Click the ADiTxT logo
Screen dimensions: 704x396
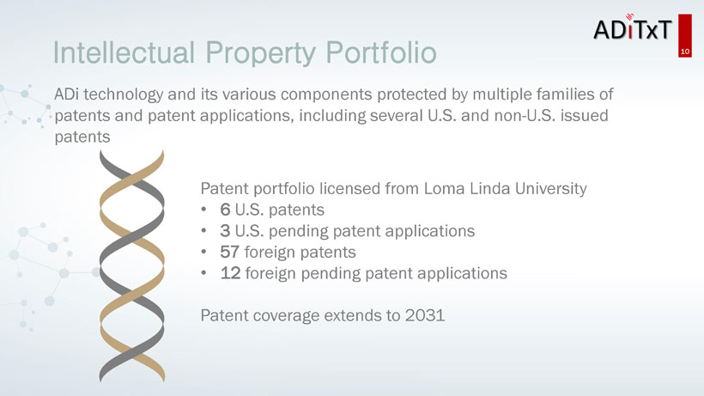click(633, 28)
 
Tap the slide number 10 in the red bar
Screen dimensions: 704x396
click(685, 52)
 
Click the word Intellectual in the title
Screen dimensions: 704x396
click(124, 52)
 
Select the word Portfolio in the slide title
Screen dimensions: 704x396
click(380, 52)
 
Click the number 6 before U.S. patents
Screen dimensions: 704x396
click(225, 210)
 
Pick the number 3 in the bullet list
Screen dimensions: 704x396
click(225, 231)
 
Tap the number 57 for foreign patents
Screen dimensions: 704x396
click(229, 252)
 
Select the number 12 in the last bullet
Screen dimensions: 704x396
click(230, 273)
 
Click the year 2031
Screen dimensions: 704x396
click(425, 315)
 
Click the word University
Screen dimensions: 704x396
click(551, 190)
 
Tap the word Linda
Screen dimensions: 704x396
click(490, 189)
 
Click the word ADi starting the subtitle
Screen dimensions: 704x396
click(66, 94)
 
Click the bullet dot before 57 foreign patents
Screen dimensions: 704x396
click(203, 252)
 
